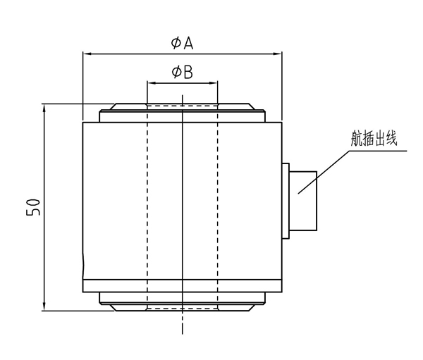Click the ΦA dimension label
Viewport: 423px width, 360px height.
182,43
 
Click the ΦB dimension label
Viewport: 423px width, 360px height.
182,72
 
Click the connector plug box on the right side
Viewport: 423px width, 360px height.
303,201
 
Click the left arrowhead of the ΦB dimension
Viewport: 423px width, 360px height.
150,82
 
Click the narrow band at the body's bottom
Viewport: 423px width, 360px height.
182,286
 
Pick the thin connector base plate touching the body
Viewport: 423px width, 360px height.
286,201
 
